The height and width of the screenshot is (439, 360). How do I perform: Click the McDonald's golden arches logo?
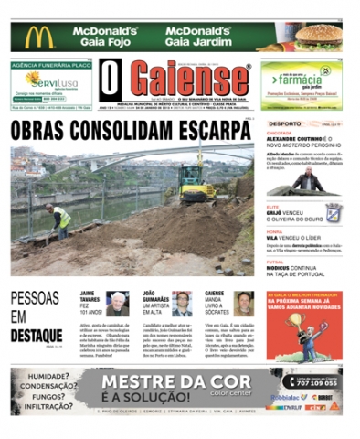(39, 37)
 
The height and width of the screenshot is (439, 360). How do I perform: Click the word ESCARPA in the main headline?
(201, 129)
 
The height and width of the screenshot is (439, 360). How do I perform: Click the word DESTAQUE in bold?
(37, 336)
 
